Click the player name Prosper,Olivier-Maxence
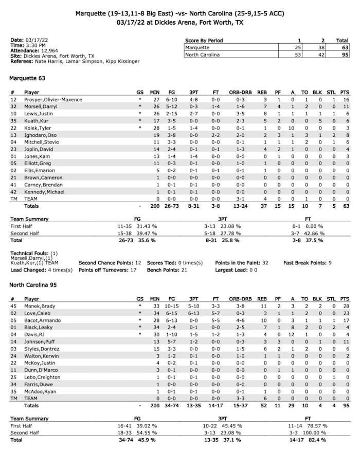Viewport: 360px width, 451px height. (x=53, y=99)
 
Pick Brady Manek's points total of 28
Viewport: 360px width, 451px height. (x=344, y=305)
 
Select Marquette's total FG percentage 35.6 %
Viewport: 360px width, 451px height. (x=156, y=240)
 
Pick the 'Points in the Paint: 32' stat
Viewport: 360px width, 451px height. (x=250, y=263)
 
